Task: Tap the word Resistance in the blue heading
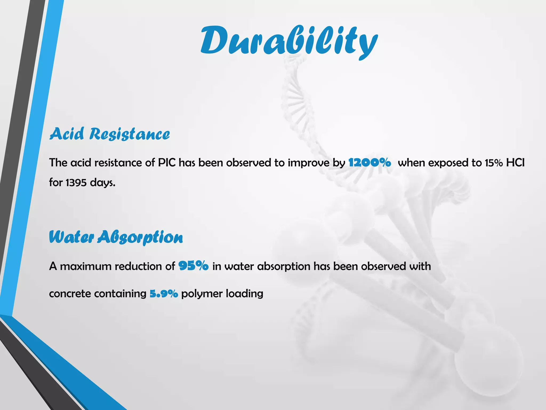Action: click(x=129, y=134)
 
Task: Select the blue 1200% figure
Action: click(x=370, y=162)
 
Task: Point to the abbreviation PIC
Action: click(x=167, y=163)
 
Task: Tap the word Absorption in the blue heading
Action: click(x=140, y=238)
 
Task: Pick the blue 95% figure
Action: click(x=193, y=266)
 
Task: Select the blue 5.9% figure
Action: click(x=164, y=294)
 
